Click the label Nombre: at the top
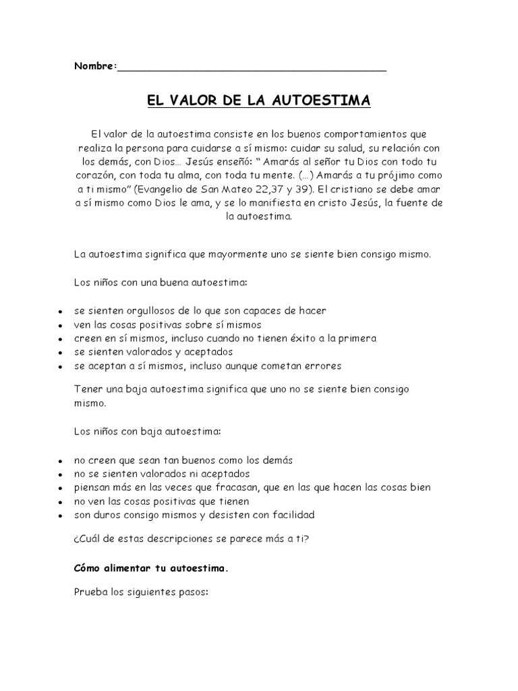coord(94,66)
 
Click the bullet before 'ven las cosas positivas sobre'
coord(60,326)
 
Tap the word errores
coord(322,366)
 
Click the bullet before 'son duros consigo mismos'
coord(60,516)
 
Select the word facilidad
coord(290,515)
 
